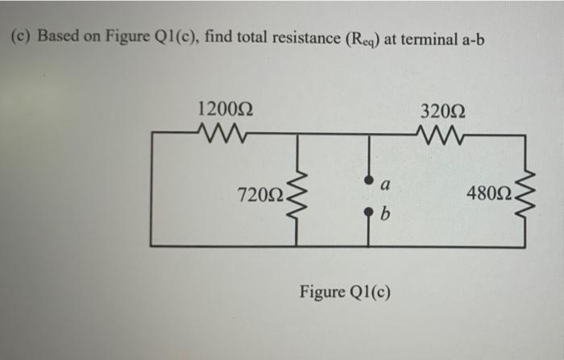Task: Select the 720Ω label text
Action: (259, 194)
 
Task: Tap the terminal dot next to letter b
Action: (369, 213)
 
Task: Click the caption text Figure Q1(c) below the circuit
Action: (345, 290)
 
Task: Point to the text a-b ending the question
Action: (469, 37)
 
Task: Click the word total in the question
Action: (234, 37)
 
